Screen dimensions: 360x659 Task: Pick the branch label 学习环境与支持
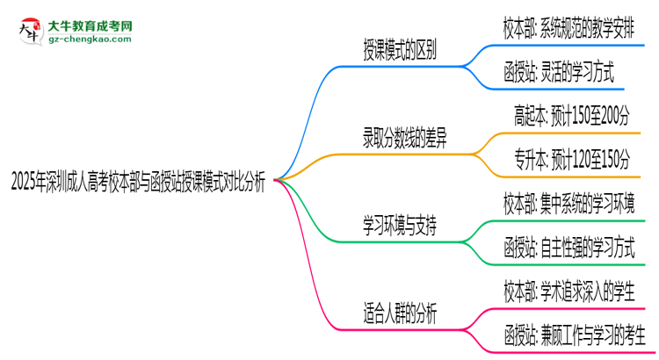tap(401, 226)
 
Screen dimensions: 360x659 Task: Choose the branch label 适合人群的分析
tap(401, 313)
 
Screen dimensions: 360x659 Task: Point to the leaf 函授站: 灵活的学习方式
tap(558, 71)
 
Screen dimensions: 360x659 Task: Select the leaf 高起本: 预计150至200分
tap(572, 115)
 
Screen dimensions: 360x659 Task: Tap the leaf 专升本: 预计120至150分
tap(572, 159)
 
